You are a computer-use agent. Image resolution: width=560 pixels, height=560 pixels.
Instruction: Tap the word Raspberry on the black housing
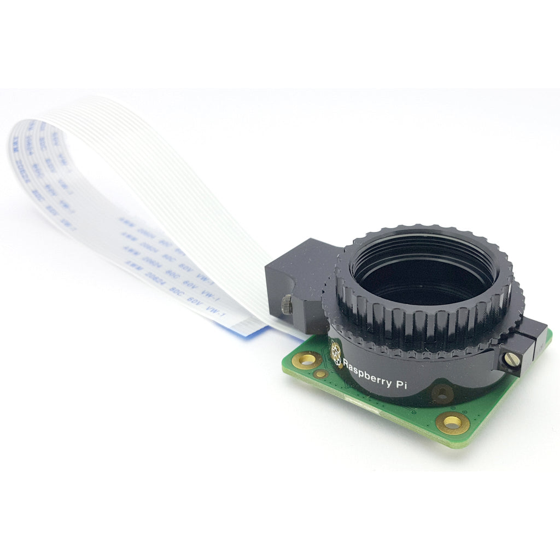tap(366, 372)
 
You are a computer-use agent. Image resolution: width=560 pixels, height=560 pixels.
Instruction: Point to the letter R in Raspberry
tap(346, 363)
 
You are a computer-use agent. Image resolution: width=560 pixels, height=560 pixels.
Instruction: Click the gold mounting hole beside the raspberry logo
tap(305, 360)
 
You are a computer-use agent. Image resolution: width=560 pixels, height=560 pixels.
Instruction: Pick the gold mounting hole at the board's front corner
tap(453, 422)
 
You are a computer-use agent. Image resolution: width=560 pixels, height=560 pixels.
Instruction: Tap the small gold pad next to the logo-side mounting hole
tap(322, 374)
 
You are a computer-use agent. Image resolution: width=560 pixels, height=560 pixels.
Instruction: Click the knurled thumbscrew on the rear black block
tap(287, 305)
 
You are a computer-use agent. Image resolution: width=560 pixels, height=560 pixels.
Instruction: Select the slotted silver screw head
tap(512, 360)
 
